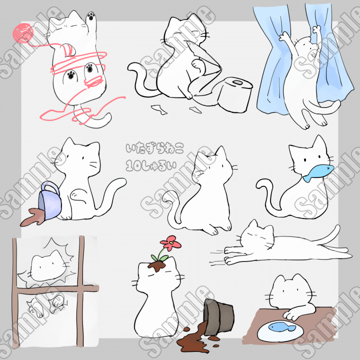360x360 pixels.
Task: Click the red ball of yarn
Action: point(22,34)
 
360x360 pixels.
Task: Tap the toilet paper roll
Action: point(234,94)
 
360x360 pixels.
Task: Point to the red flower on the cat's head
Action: point(171,243)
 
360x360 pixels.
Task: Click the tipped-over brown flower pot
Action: point(218,317)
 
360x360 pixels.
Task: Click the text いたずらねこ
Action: point(154,149)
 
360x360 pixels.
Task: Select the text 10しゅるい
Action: point(151,165)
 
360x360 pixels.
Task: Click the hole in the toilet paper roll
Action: point(237,82)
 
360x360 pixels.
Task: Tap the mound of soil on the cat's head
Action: point(157,266)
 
